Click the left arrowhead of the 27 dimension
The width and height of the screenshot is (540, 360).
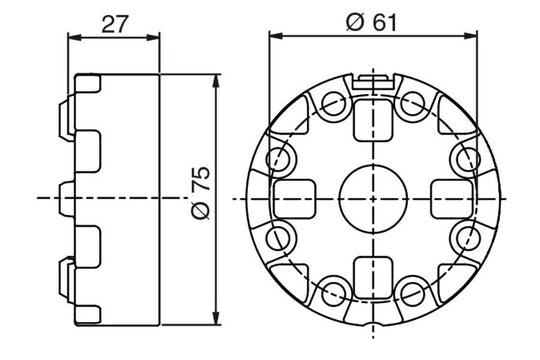71,37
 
